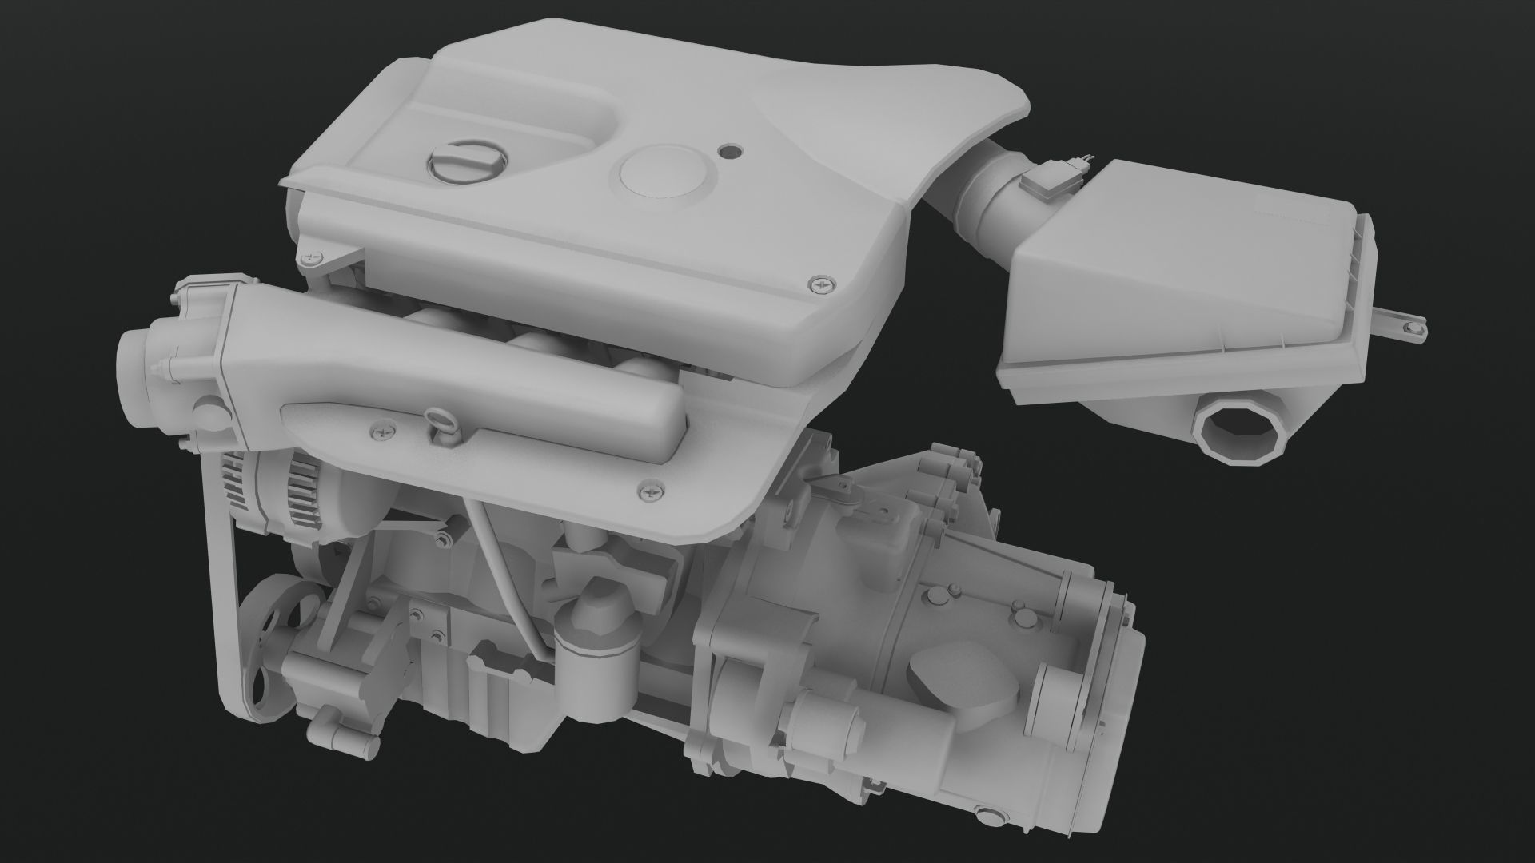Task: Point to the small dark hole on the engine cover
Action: tap(729, 149)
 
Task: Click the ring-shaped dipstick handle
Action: tap(441, 419)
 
